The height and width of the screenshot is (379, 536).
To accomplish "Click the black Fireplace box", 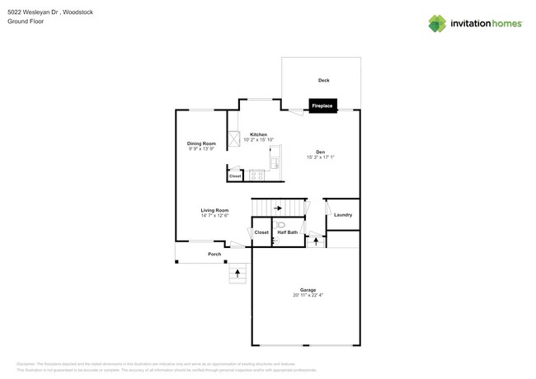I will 322,105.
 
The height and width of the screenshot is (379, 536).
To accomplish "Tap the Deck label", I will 324,80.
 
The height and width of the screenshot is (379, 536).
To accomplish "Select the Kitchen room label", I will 258,134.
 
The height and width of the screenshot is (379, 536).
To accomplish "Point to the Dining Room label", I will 201,143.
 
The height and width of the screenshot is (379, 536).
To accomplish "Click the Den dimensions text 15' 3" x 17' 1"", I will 321,157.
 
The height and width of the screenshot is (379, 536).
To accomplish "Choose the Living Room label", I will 214,210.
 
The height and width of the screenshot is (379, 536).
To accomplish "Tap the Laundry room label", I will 343,215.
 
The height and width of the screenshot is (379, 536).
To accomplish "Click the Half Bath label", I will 287,233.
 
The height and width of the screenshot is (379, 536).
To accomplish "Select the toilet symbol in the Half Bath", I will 280,224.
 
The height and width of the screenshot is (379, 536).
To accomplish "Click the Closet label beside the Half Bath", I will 261,233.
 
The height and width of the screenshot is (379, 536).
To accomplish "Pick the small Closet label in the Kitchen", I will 235,175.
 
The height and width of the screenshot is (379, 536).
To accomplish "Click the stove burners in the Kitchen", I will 256,175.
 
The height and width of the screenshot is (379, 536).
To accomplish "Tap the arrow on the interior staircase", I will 278,208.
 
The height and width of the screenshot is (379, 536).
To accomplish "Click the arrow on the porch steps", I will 238,271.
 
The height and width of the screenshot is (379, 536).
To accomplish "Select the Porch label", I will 214,254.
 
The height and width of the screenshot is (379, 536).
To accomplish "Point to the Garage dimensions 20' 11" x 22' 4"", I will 308,295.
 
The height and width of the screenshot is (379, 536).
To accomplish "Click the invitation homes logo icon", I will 437,23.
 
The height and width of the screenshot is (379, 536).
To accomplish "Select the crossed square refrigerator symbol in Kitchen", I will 234,138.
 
